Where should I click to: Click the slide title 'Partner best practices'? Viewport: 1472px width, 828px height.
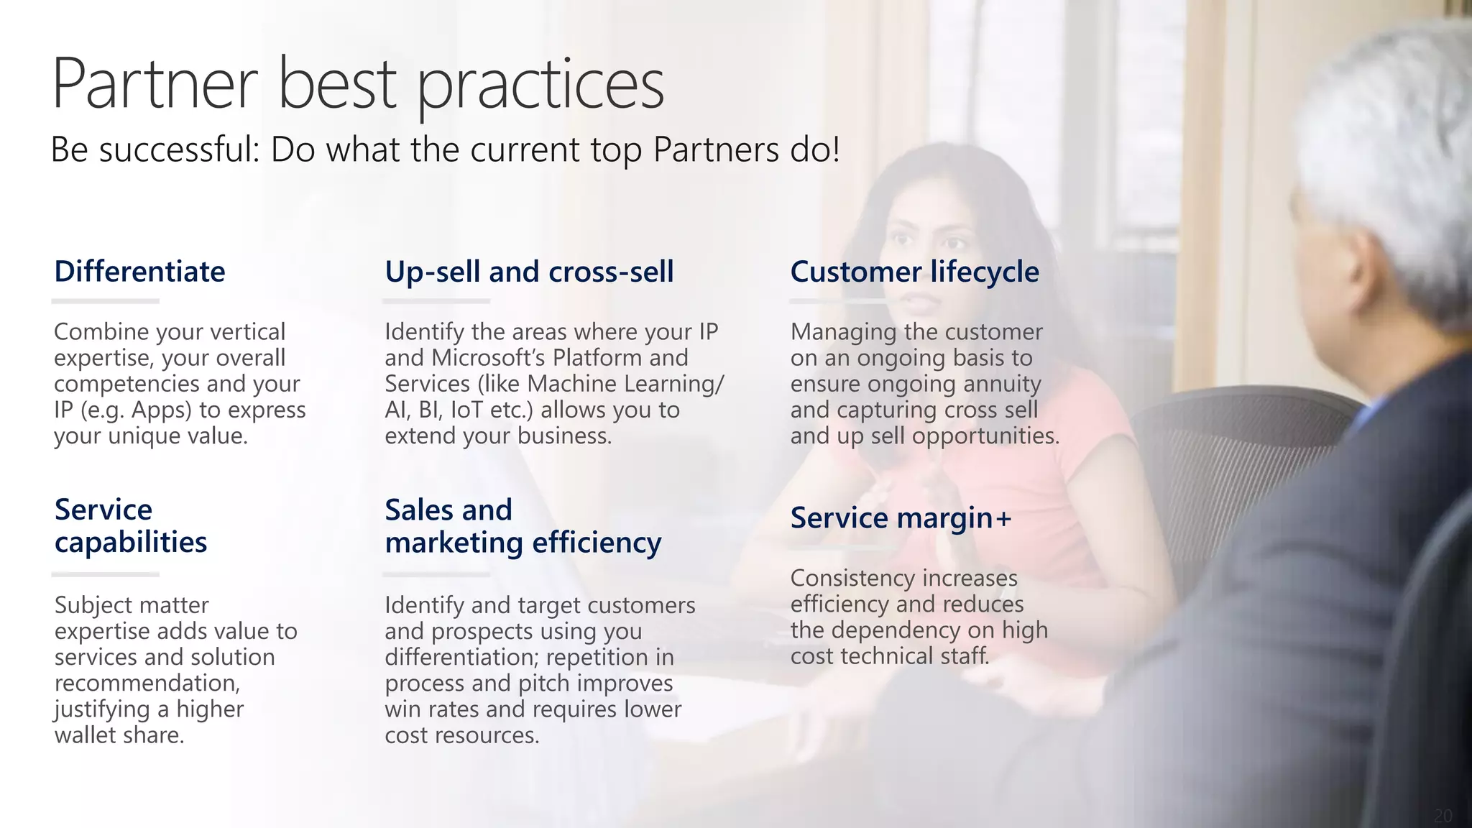pyautogui.click(x=358, y=85)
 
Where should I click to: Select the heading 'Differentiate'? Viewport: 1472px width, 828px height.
pyautogui.click(x=140, y=272)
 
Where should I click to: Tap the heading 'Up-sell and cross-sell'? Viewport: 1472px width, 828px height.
pyautogui.click(x=529, y=272)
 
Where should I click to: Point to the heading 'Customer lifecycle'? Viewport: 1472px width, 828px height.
pyautogui.click(x=914, y=272)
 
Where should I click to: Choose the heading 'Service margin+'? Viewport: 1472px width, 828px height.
pyautogui.click(x=901, y=517)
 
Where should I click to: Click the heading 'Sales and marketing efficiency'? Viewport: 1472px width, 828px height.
pyautogui.click(x=523, y=526)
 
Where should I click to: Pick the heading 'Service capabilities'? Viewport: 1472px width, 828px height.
pyautogui.click(x=131, y=526)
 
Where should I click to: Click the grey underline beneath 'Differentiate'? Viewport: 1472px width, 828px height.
pyautogui.click(x=105, y=302)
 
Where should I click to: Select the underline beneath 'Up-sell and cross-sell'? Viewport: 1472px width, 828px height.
pyautogui.click(x=436, y=302)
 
